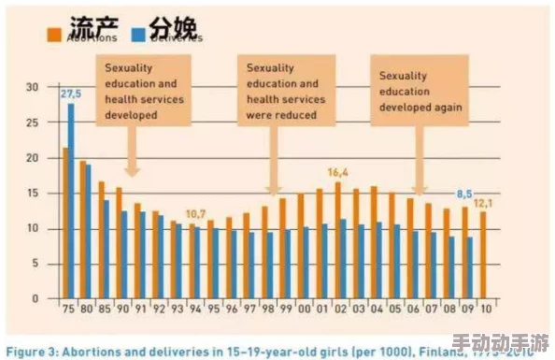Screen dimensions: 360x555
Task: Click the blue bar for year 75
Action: pyautogui.click(x=71, y=200)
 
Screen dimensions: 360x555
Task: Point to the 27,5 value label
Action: pyautogui.click(x=71, y=94)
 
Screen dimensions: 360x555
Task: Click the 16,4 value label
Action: pyautogui.click(x=338, y=172)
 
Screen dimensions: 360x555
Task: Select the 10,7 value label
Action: pyautogui.click(x=195, y=214)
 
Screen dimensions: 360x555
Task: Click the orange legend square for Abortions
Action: pyautogui.click(x=54, y=35)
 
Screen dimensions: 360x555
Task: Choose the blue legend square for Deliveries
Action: pyautogui.click(x=137, y=35)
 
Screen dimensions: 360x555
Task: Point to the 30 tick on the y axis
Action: pyautogui.click(x=31, y=87)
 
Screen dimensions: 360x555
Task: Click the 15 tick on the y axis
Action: pyautogui.click(x=31, y=194)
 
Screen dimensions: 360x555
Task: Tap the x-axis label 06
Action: pyautogui.click(x=411, y=307)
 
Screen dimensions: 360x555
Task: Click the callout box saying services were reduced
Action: pyautogui.click(x=283, y=92)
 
